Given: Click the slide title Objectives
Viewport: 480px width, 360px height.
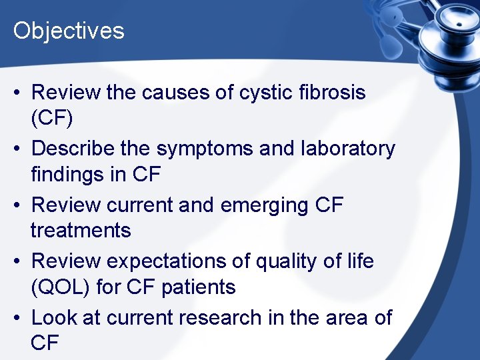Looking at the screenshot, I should (69, 31).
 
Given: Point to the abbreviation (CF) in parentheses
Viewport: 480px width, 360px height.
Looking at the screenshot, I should (52, 119).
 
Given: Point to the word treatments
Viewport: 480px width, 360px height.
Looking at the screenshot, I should (81, 231).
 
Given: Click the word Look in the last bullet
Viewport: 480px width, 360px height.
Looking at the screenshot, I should (54, 317).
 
